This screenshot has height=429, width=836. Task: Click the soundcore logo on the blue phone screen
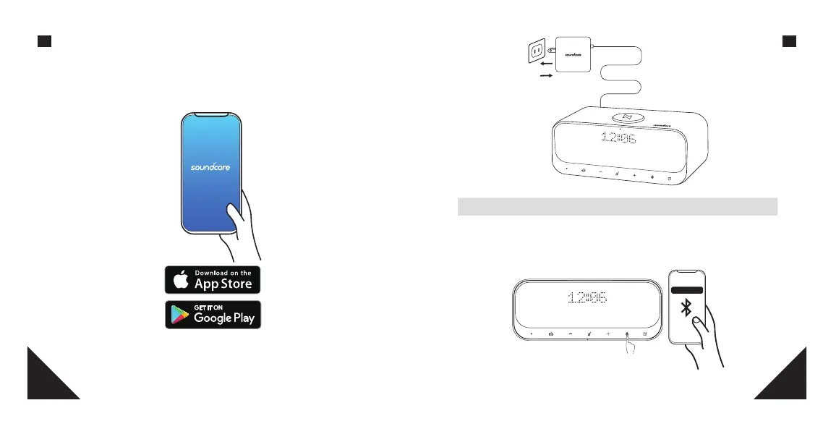click(209, 166)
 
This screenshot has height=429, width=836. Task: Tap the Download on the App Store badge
click(213, 280)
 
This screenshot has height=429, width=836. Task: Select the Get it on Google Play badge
click(213, 315)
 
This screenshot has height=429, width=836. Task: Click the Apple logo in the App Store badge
click(182, 280)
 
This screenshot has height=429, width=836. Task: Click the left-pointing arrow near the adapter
click(547, 63)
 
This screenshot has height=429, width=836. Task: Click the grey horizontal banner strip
click(617, 206)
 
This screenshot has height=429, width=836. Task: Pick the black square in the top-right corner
click(790, 41)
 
